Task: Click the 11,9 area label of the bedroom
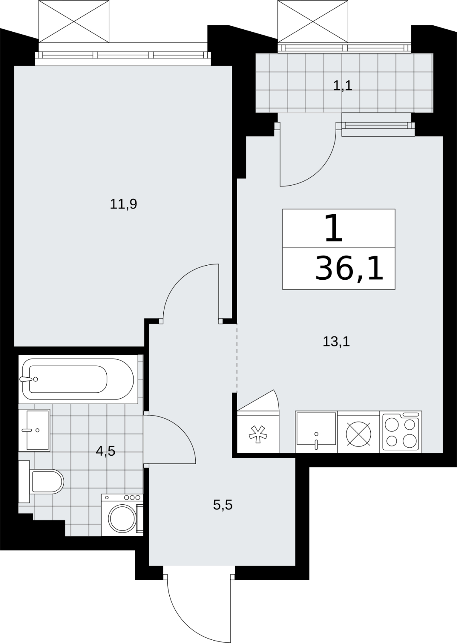[124, 204]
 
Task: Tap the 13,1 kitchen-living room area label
[336, 342]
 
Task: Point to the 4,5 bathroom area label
[106, 451]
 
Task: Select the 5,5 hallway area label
[223, 505]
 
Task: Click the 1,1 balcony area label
[342, 86]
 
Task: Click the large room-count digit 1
[334, 229]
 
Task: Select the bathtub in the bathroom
[78, 379]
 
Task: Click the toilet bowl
[47, 482]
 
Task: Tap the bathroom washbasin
[35, 430]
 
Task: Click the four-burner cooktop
[400, 432]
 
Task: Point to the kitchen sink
[316, 432]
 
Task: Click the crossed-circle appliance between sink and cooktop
[359, 434]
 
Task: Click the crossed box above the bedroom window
[74, 22]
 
